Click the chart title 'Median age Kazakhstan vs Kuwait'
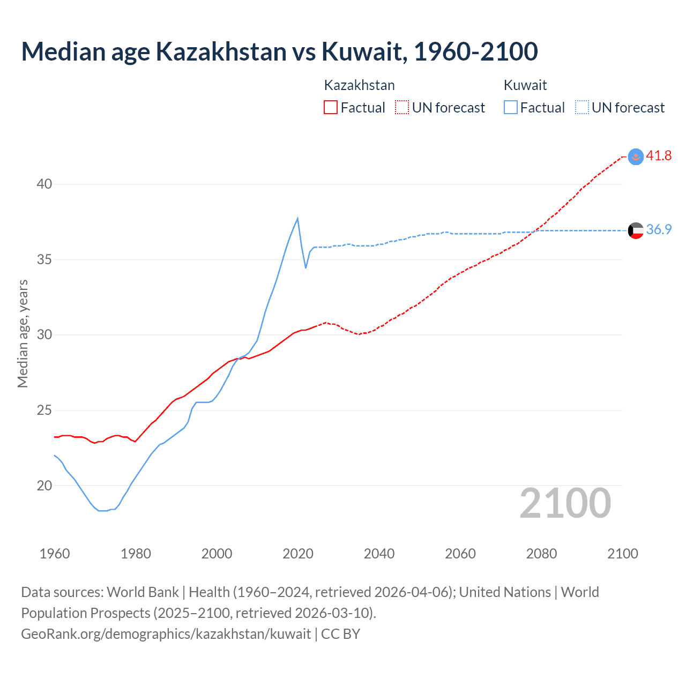click(x=279, y=51)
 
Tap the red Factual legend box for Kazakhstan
click(x=331, y=108)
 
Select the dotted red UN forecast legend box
click(x=402, y=108)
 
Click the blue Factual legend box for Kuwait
click(x=511, y=108)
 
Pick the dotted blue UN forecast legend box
click(x=582, y=108)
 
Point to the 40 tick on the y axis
click(x=44, y=184)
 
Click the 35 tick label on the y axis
click(x=44, y=260)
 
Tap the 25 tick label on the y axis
click(x=44, y=411)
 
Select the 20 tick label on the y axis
click(x=44, y=486)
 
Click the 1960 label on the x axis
click(x=55, y=554)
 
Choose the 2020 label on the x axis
click(x=298, y=554)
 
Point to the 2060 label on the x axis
click(x=460, y=554)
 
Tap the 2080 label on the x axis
click(x=541, y=554)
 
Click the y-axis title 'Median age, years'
click(x=23, y=334)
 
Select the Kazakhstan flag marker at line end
click(x=636, y=156)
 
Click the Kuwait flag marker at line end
click(x=636, y=230)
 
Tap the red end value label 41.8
click(x=659, y=156)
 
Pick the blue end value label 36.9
click(x=659, y=230)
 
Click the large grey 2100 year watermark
click(x=565, y=503)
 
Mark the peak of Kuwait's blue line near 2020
click(x=297, y=218)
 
